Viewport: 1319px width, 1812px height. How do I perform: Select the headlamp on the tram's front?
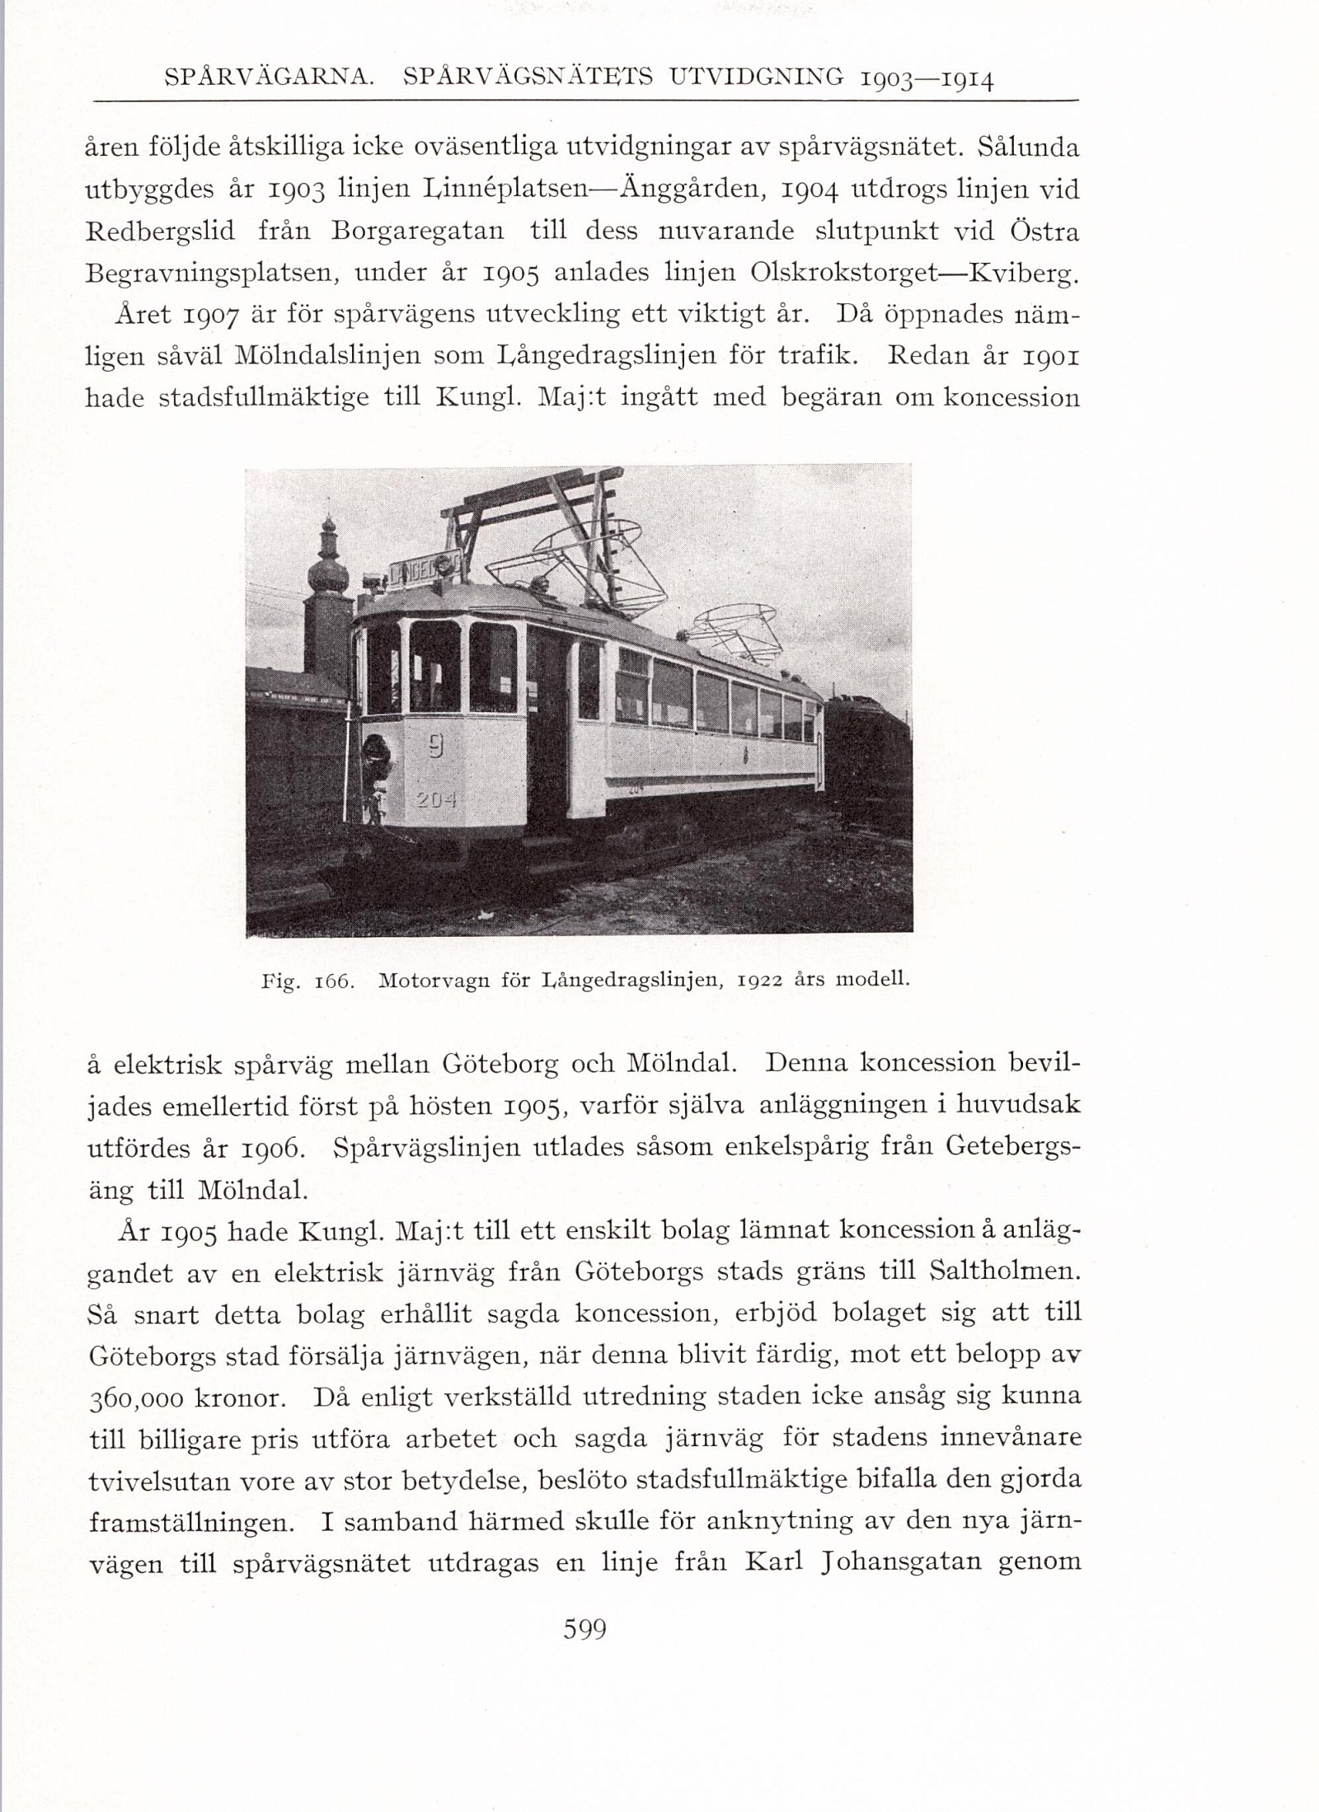tap(377, 751)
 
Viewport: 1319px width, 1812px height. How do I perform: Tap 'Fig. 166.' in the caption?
tap(307, 981)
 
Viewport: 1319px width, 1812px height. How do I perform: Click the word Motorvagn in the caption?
tap(429, 981)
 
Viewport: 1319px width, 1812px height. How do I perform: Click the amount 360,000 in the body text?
tap(134, 1400)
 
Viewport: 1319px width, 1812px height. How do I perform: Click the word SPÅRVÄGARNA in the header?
tap(270, 79)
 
